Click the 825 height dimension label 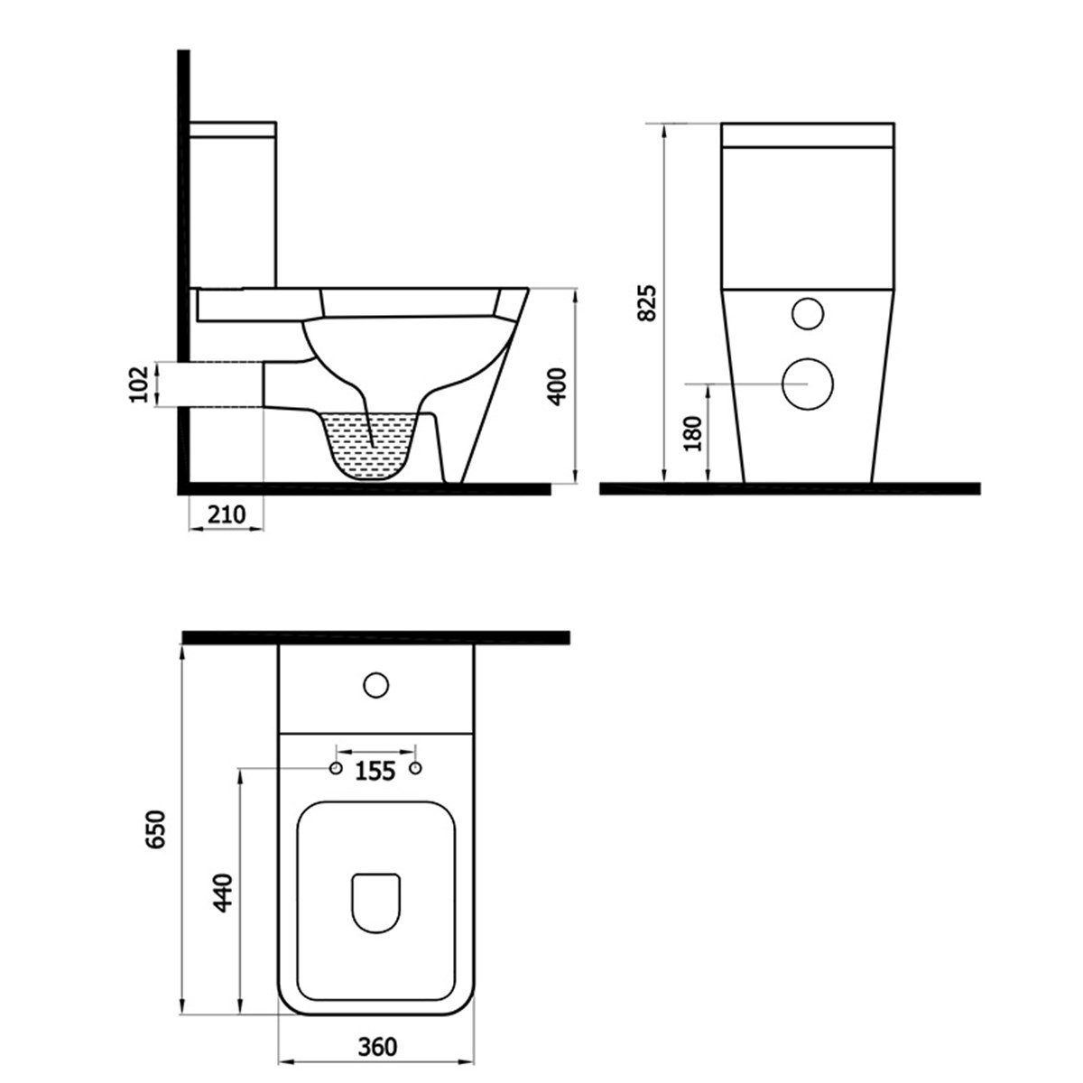pyautogui.click(x=646, y=303)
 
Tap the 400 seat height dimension pyautogui.click(x=557, y=385)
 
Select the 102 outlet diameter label pyautogui.click(x=138, y=385)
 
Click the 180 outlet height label pyautogui.click(x=692, y=433)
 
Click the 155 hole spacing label pyautogui.click(x=375, y=772)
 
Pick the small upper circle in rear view pyautogui.click(x=807, y=312)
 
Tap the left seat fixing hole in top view pyautogui.click(x=335, y=768)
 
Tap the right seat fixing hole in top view pyautogui.click(x=416, y=768)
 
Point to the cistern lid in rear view pyautogui.click(x=808, y=134)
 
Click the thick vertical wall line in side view pyautogui.click(x=183, y=271)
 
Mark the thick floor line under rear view pyautogui.click(x=790, y=489)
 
